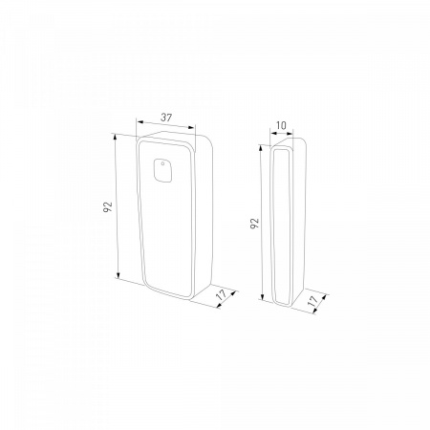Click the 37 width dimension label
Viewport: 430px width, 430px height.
point(166,118)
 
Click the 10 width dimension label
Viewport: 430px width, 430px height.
point(281,125)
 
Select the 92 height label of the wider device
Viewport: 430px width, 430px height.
point(109,207)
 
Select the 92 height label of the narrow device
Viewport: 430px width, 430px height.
point(255,223)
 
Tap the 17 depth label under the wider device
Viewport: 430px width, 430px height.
point(222,294)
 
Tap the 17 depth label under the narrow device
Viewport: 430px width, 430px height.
point(312,300)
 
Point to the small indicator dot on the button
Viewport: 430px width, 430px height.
point(162,164)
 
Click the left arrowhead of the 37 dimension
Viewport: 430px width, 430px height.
point(140,121)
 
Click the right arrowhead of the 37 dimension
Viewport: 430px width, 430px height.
point(191,127)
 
